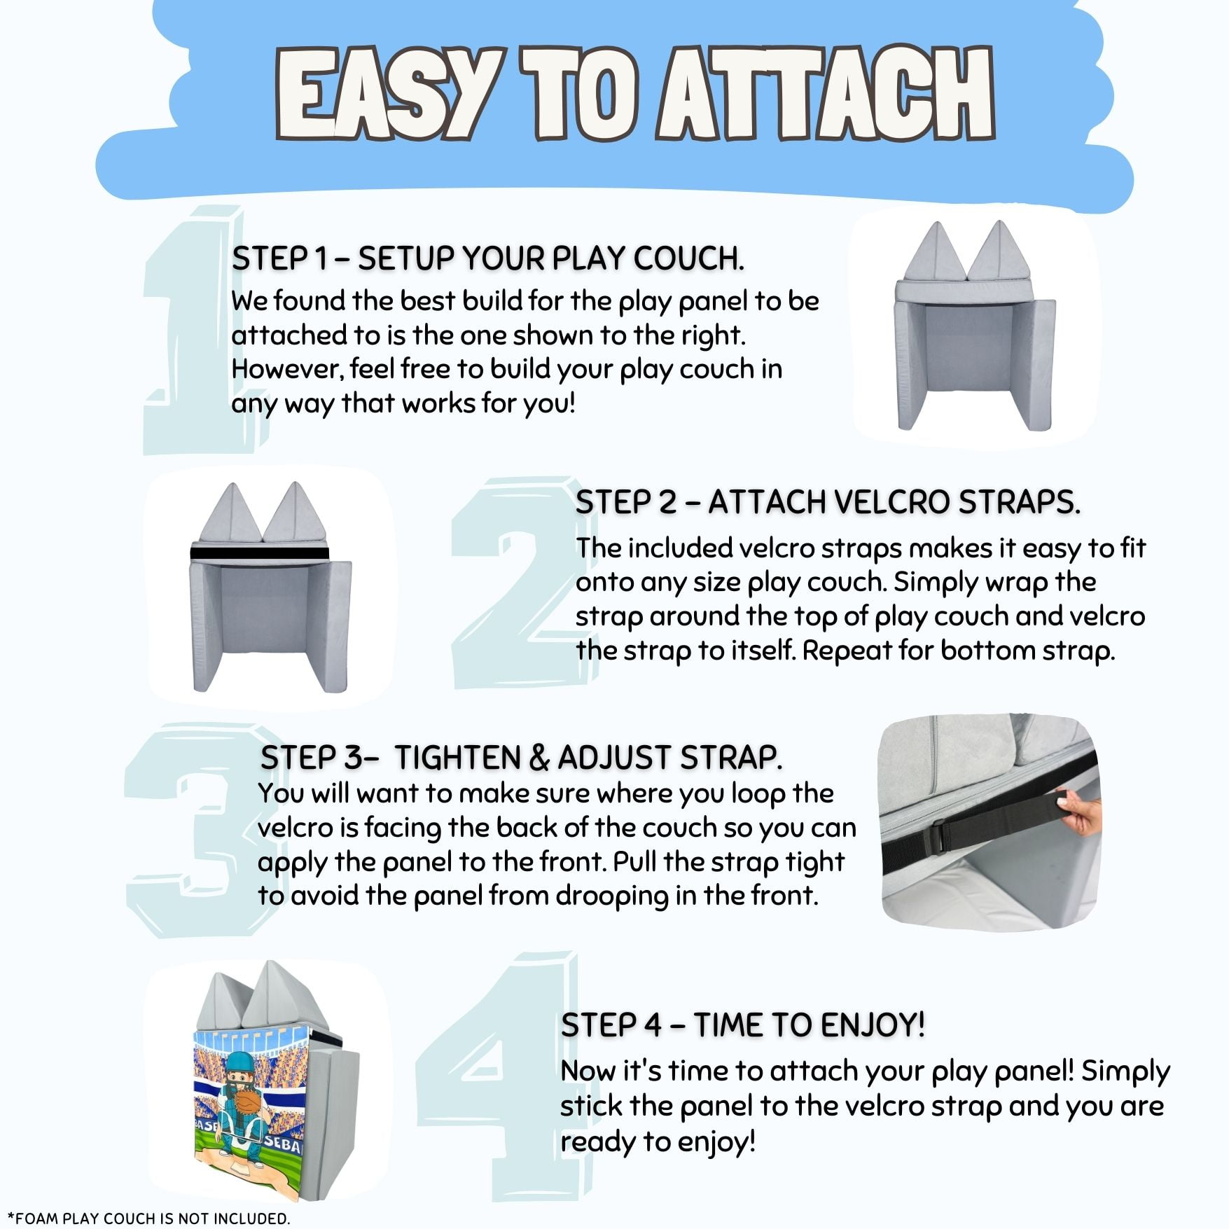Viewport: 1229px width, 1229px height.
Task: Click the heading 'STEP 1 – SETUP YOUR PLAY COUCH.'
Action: pyautogui.click(x=487, y=258)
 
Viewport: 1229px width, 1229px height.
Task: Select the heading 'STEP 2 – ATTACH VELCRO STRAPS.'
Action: pyautogui.click(x=827, y=502)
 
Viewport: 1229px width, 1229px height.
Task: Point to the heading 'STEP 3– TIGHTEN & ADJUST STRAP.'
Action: pyautogui.click(x=521, y=758)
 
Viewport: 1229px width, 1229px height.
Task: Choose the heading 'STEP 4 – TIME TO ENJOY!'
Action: pyautogui.click(x=742, y=1025)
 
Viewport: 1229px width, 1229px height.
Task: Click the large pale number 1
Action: pyautogui.click(x=189, y=329)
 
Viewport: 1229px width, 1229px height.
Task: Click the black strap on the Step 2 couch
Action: pyautogui.click(x=260, y=553)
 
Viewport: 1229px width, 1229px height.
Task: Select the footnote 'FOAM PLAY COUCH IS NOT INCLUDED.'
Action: pyautogui.click(x=153, y=1218)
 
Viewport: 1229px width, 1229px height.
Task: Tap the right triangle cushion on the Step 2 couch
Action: pyautogui.click(x=296, y=512)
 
